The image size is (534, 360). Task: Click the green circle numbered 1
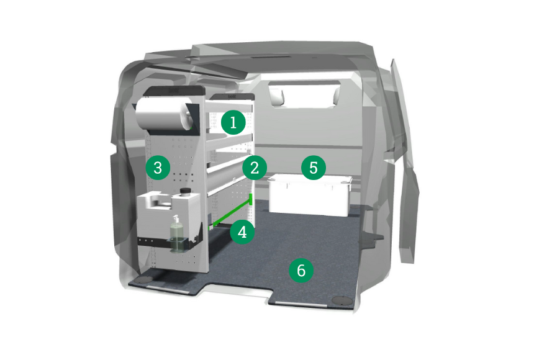[x=233, y=122]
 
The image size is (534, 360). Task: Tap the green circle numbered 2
[x=255, y=168]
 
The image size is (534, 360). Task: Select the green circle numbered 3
[x=158, y=168]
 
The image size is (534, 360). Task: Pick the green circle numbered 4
[x=242, y=232]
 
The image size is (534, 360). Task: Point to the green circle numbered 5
[x=314, y=168]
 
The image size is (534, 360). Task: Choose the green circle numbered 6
[x=301, y=271]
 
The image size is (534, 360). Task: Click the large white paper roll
[x=163, y=116]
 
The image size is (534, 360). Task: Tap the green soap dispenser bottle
[x=176, y=235]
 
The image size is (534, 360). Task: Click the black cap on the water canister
[x=184, y=191]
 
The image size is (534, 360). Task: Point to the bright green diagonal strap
[x=232, y=212]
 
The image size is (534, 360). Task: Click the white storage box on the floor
[x=309, y=195]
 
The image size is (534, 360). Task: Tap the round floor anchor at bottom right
[x=342, y=300]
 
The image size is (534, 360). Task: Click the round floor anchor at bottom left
[x=143, y=281]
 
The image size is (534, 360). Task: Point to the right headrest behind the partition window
[x=336, y=95]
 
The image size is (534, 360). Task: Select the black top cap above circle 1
[x=232, y=97]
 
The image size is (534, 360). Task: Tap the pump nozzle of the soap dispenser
[x=176, y=218]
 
